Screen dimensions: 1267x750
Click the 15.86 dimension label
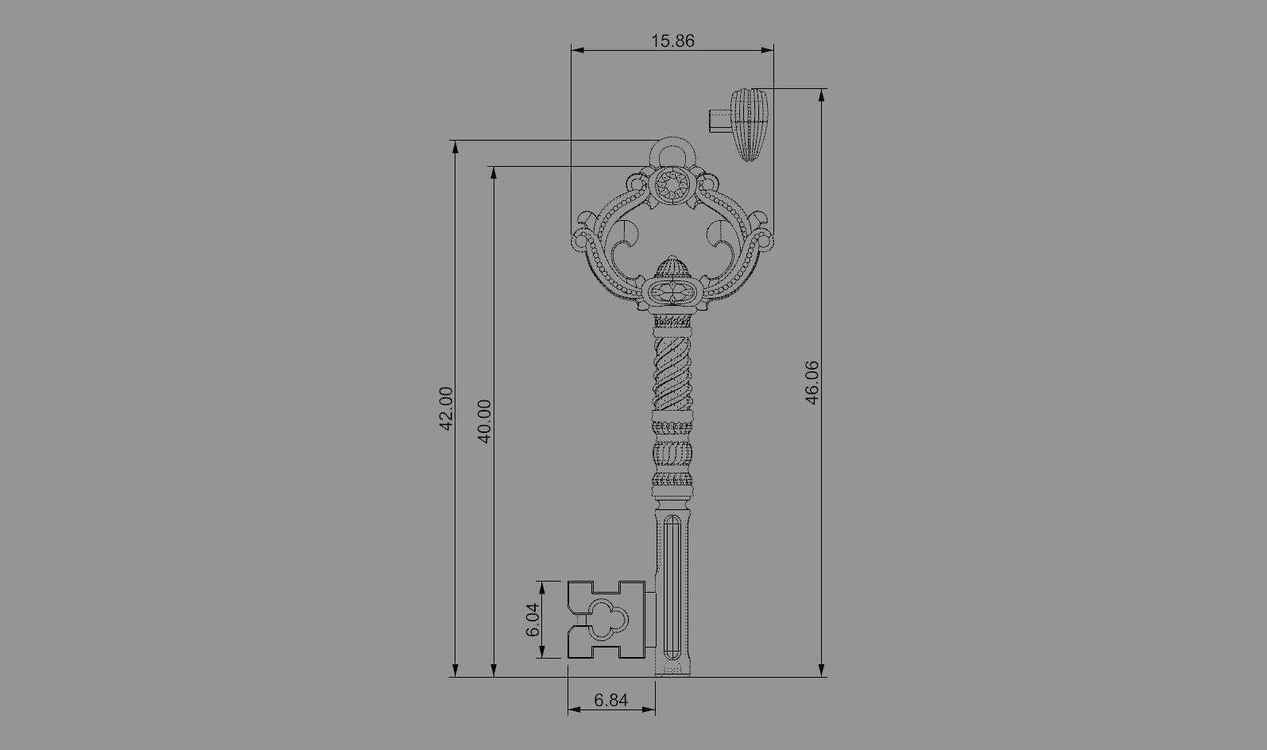click(672, 41)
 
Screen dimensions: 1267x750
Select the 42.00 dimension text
click(446, 408)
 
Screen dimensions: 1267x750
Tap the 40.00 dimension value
click(485, 421)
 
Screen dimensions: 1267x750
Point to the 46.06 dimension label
click(812, 383)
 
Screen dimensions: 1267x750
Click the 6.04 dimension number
click(533, 620)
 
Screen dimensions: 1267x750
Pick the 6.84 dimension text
click(611, 700)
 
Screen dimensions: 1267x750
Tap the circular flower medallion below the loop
click(672, 184)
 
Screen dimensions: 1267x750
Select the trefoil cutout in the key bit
click(609, 619)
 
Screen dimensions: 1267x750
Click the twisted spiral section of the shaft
click(672, 373)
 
